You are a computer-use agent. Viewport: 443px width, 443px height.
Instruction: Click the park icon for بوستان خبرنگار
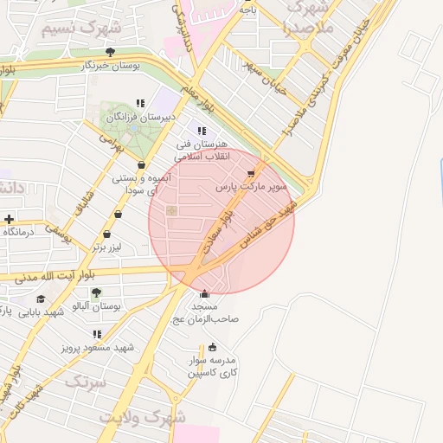(109, 52)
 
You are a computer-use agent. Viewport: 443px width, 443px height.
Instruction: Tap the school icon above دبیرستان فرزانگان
(140, 103)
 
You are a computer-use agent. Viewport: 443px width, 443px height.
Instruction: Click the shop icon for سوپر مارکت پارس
(251, 173)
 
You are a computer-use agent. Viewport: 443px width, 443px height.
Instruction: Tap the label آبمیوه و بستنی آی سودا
(141, 183)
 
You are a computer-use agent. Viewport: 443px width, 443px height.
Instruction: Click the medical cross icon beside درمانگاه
(9, 219)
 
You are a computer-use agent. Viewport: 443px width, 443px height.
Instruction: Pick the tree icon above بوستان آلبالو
(96, 292)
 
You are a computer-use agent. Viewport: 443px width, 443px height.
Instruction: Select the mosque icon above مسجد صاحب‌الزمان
(204, 293)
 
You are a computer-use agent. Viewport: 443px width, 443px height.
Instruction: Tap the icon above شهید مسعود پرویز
(97, 333)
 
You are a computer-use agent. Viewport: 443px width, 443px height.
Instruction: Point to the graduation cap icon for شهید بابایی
(41, 299)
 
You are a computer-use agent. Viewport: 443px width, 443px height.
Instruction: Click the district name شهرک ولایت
(142, 416)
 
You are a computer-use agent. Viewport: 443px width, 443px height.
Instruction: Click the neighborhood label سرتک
(85, 381)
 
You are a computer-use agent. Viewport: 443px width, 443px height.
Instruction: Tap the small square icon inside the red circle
(171, 210)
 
